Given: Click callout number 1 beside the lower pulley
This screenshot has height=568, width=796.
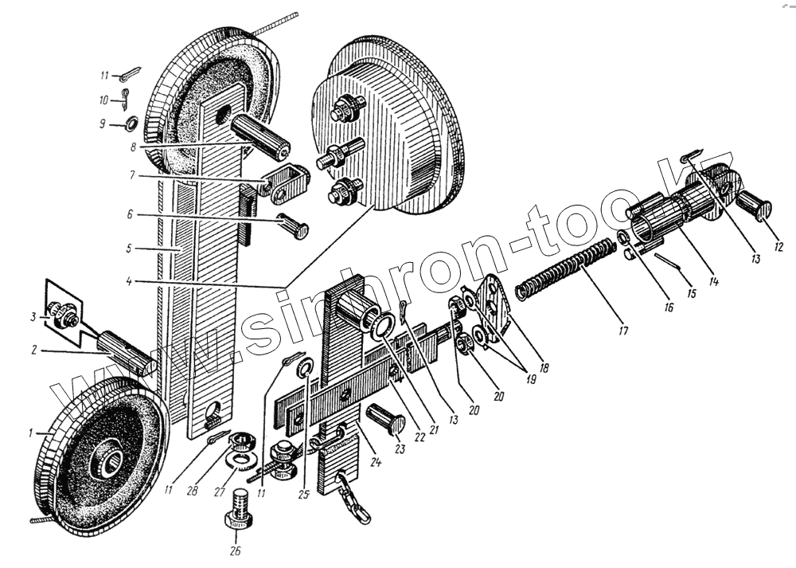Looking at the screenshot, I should click(x=31, y=433).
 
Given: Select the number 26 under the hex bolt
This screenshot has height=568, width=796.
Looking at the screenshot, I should click(x=236, y=550).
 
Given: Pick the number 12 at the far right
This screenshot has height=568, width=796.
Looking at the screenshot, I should click(x=778, y=246).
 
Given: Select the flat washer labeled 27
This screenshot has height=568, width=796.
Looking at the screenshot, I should click(x=238, y=461).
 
